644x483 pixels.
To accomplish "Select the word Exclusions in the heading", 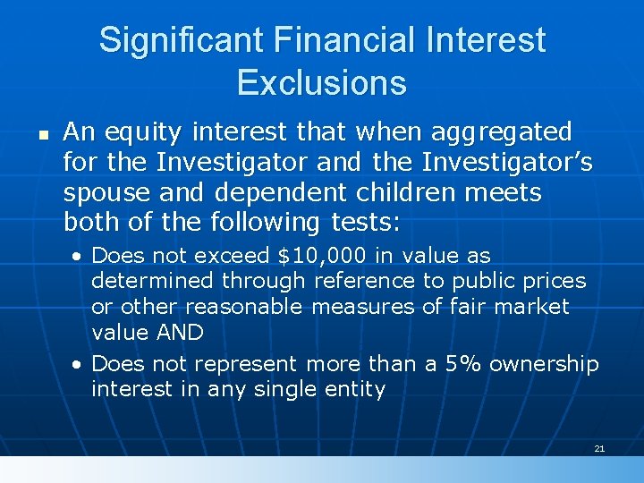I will click(x=322, y=83).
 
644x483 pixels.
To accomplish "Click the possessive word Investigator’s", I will click(x=515, y=163).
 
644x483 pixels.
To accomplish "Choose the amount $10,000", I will click(x=322, y=256).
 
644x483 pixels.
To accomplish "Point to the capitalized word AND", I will click(x=182, y=332).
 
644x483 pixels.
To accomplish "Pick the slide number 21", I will click(x=599, y=447).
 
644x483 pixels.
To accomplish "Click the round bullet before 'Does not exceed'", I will click(x=79, y=257).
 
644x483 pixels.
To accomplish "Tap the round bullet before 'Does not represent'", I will click(x=79, y=365).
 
